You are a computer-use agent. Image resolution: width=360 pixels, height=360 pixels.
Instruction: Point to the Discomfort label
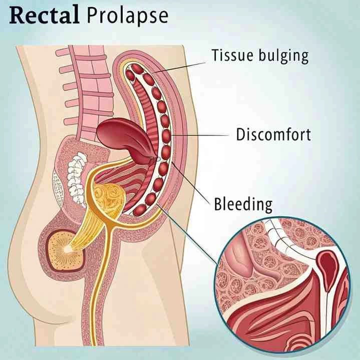273,134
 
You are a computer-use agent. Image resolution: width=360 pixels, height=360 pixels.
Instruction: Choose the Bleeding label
243,204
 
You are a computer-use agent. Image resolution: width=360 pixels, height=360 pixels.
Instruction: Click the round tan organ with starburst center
65,248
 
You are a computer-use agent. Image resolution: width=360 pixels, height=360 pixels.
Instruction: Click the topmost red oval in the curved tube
131,75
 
